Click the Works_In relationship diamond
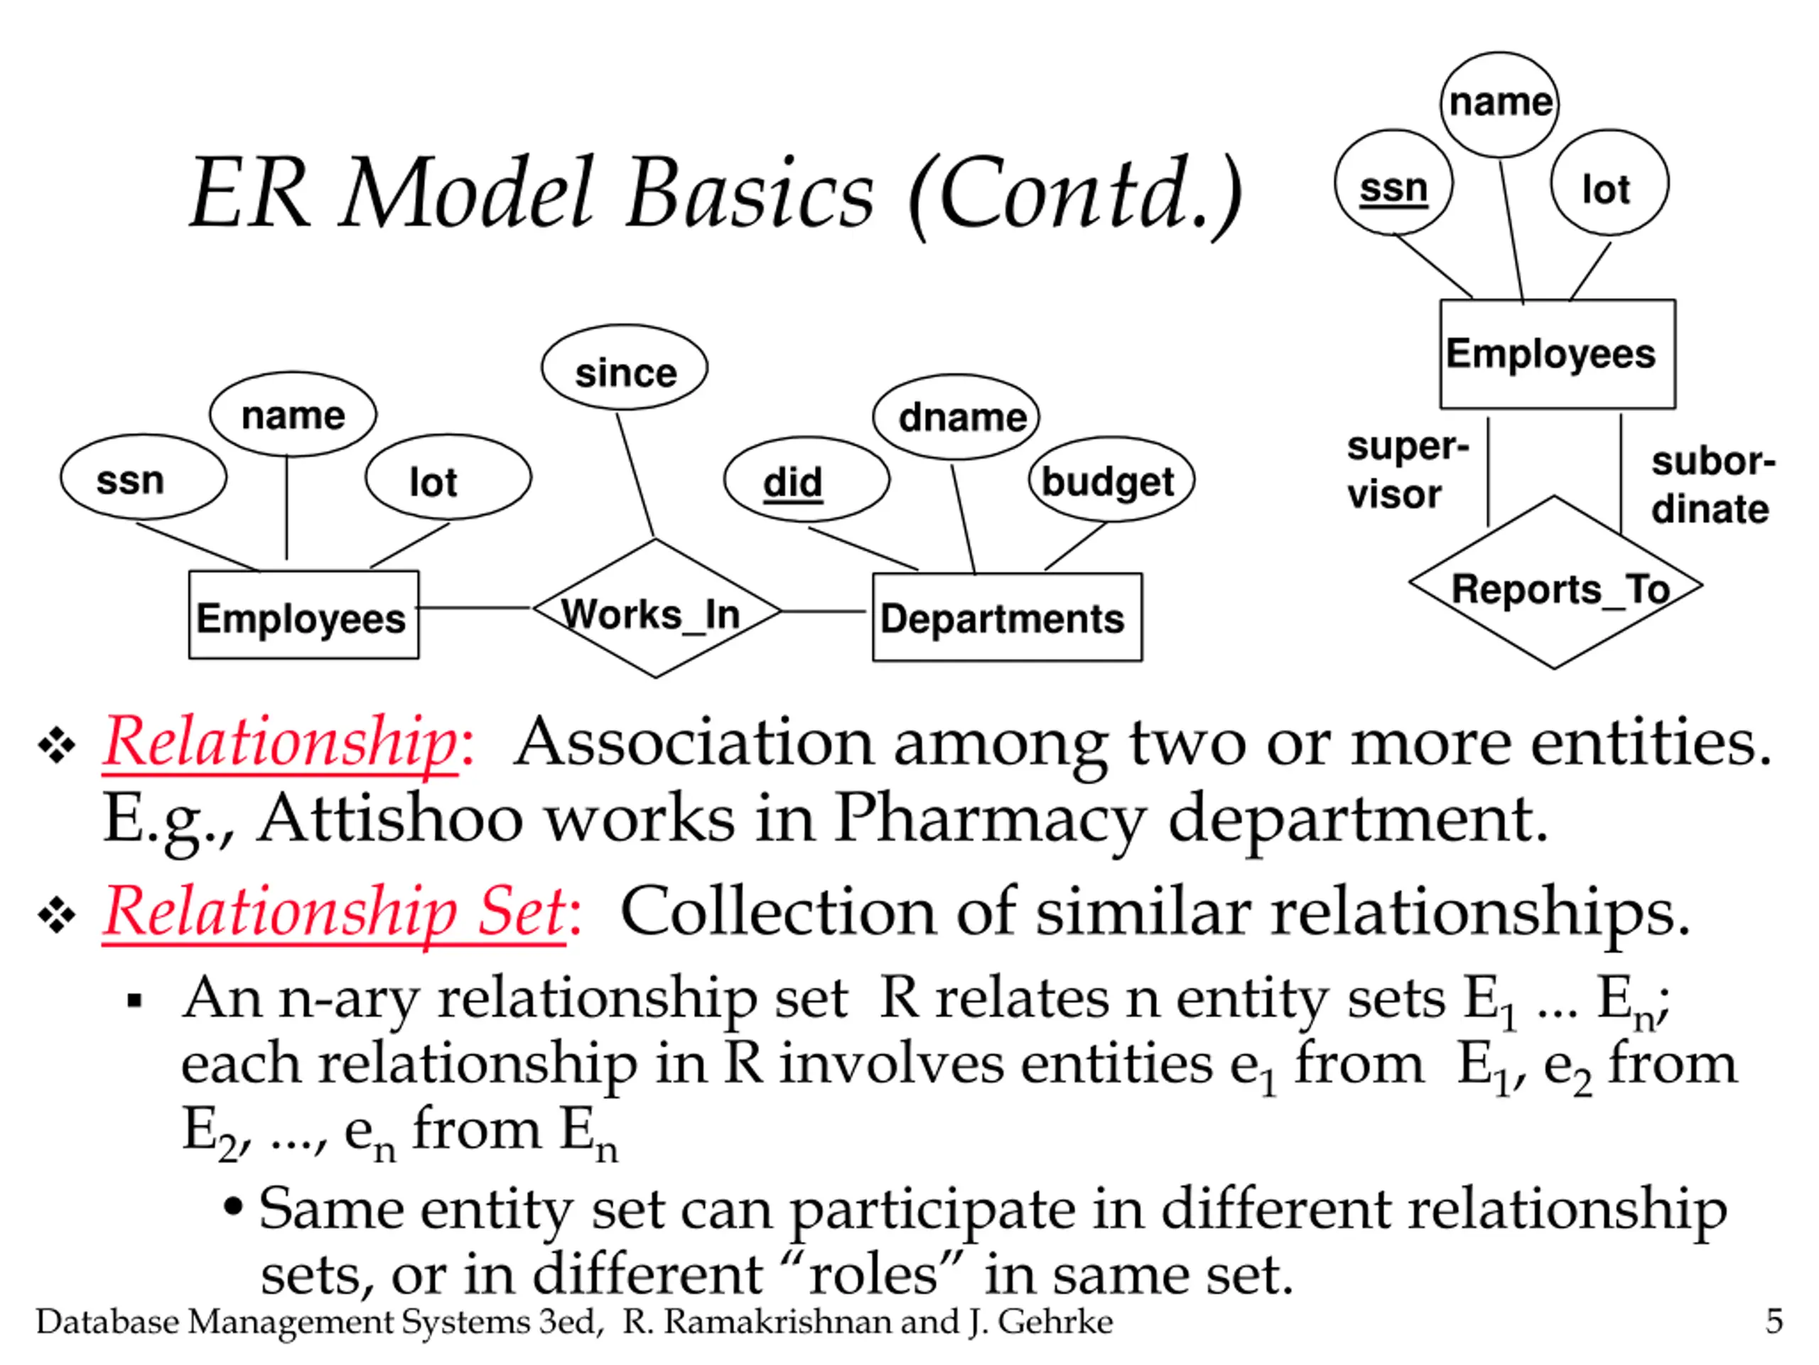click(657, 608)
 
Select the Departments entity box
click(1007, 617)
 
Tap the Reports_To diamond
click(1555, 582)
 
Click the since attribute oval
click(624, 368)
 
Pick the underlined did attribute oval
click(806, 480)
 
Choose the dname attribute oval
click(956, 417)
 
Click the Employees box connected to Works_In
click(303, 616)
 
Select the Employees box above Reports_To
click(1558, 354)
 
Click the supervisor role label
click(1407, 471)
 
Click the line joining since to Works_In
click(636, 475)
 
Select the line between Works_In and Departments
click(823, 611)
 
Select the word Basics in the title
click(750, 194)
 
